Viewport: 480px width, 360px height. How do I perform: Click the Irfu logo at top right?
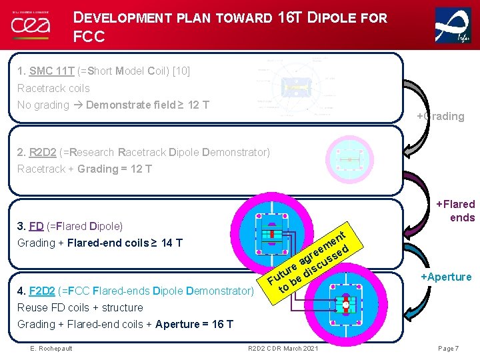453,26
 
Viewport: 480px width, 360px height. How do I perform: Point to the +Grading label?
440,117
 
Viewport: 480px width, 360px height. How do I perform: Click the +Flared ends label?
455,211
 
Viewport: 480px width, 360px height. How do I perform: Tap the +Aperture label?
445,277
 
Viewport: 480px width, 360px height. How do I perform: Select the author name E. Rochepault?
51,349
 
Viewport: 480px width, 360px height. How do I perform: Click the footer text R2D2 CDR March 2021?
283,349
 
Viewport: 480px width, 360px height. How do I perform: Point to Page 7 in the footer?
449,349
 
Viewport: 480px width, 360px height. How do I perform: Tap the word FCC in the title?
89,37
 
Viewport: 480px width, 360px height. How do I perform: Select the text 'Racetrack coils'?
53,88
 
